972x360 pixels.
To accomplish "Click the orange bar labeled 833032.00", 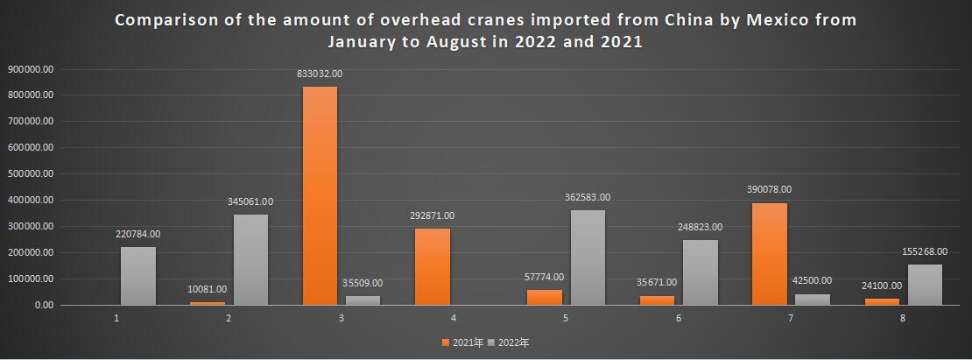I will pyautogui.click(x=320, y=195).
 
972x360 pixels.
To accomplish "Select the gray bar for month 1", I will pyautogui.click(x=138, y=276).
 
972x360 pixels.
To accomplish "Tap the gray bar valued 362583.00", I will pyautogui.click(x=588, y=258).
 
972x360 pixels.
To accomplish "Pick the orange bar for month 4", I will pyautogui.click(x=433, y=267).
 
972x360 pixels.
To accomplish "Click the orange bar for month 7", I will pyautogui.click(x=770, y=254).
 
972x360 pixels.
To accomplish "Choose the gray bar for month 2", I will pyautogui.click(x=250, y=260).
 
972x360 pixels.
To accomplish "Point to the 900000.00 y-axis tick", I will pyautogui.click(x=32, y=68).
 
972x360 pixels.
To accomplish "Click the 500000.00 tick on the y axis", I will pyautogui.click(x=32, y=173).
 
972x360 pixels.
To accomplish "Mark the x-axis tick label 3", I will pyautogui.click(x=341, y=318).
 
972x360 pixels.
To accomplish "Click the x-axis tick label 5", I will pyautogui.click(x=566, y=318).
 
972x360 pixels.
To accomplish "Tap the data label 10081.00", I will pyautogui.click(x=208, y=288).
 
